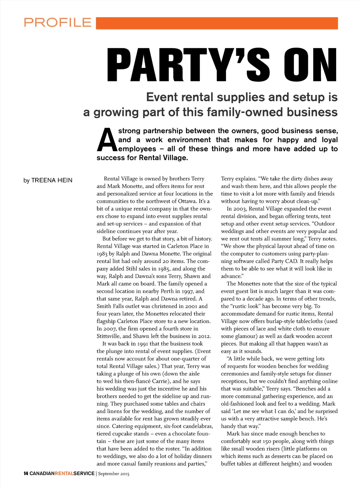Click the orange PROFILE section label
pyautogui.click(x=58, y=23)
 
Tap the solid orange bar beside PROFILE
pyautogui.click(x=217, y=23)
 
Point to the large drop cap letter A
pyautogui.click(x=106, y=140)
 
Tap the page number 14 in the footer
pyautogui.click(x=26, y=473)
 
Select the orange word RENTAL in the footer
pyautogui.click(x=64, y=473)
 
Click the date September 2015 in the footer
pyautogui.click(x=114, y=474)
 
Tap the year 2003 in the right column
pyautogui.click(x=240, y=209)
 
